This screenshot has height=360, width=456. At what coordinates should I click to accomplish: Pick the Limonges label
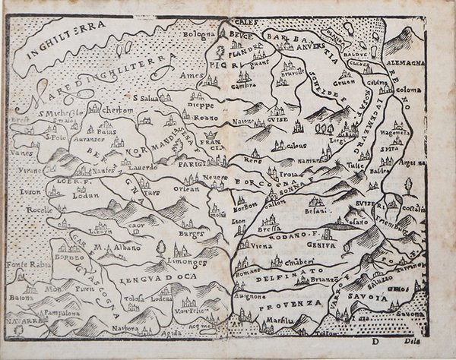click(188, 261)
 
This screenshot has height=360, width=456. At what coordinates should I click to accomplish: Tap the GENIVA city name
click(321, 246)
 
